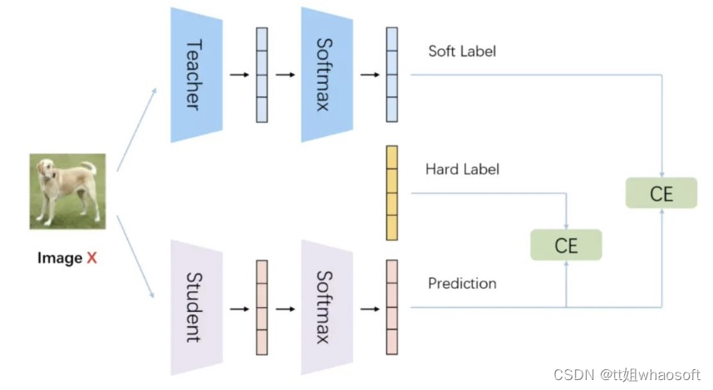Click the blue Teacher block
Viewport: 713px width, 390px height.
pyautogui.click(x=193, y=75)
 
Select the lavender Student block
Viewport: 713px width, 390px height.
pyautogui.click(x=193, y=307)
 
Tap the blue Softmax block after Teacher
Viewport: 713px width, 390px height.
pyautogui.click(x=322, y=75)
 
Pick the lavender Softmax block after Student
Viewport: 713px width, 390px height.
pyautogui.click(x=322, y=307)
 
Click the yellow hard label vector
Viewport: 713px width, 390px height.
pyautogui.click(x=391, y=193)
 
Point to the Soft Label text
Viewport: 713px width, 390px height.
pyautogui.click(x=461, y=51)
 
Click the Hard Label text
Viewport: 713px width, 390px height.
pyautogui.click(x=462, y=169)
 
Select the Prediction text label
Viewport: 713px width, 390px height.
pyautogui.click(x=462, y=283)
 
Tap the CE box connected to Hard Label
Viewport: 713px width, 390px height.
pyautogui.click(x=565, y=245)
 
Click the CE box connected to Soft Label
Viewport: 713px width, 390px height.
pyautogui.click(x=661, y=193)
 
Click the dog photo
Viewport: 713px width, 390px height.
pyautogui.click(x=68, y=192)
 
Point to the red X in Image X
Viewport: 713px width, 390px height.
pyautogui.click(x=91, y=258)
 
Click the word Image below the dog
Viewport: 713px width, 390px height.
pyautogui.click(x=60, y=258)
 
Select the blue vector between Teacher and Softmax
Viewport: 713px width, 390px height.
pyautogui.click(x=262, y=76)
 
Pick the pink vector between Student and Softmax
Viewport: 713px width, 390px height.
pyautogui.click(x=262, y=308)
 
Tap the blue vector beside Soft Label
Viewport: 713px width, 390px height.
pyautogui.click(x=391, y=76)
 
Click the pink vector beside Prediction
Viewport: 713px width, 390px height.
pyautogui.click(x=391, y=308)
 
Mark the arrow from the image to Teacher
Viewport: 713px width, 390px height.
pyautogui.click(x=136, y=129)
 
